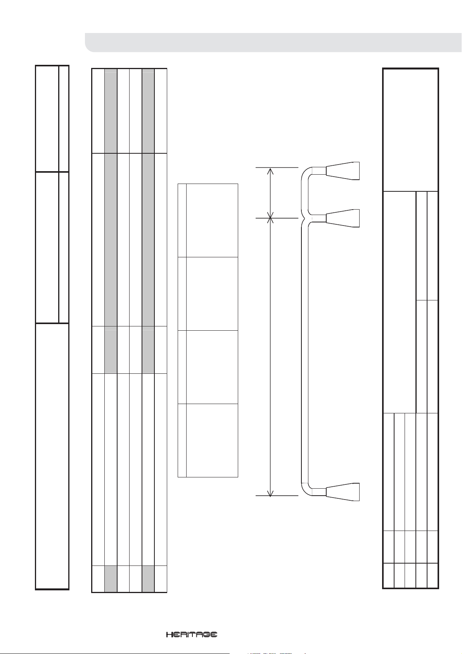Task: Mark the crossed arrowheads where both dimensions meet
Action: (x=271, y=218)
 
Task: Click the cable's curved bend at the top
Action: (x=306, y=172)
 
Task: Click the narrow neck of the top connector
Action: (x=319, y=171)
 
